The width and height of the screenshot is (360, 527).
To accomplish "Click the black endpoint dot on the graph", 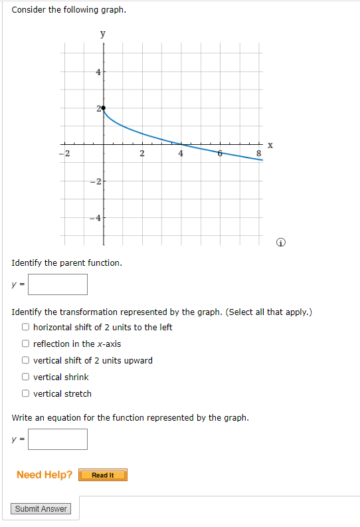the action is pyautogui.click(x=102, y=107).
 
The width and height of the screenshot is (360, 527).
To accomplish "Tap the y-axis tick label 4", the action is pyautogui.click(x=98, y=72).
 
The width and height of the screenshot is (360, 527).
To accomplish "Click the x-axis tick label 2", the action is pyautogui.click(x=142, y=154).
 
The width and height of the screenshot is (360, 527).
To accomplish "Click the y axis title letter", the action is pyautogui.click(x=102, y=33).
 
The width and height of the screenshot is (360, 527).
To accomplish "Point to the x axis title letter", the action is pyautogui.click(x=270, y=145).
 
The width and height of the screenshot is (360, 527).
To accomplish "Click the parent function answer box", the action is pyautogui.click(x=58, y=284).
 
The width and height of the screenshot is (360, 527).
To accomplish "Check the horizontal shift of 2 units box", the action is pyautogui.click(x=25, y=327).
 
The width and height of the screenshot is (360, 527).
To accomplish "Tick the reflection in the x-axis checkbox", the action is pyautogui.click(x=25, y=344).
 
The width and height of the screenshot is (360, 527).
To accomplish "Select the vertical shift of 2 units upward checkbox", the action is pyautogui.click(x=25, y=360).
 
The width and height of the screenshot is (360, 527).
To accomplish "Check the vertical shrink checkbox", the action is pyautogui.click(x=25, y=377).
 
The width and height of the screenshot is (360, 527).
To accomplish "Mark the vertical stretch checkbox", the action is pyautogui.click(x=25, y=393).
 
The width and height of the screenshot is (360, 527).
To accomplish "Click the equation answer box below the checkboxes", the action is pyautogui.click(x=58, y=439).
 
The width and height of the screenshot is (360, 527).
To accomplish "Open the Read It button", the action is pyautogui.click(x=102, y=475).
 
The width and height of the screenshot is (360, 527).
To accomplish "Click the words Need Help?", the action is pyautogui.click(x=45, y=474).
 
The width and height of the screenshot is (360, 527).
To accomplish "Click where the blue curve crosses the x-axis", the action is pyautogui.click(x=181, y=144).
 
